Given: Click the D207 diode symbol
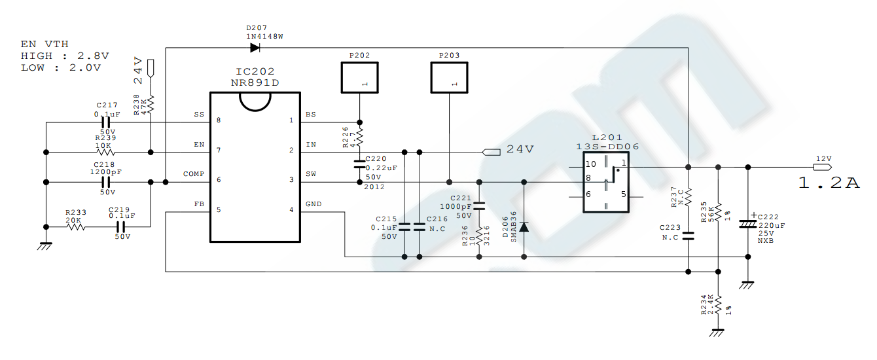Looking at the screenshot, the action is (255, 48).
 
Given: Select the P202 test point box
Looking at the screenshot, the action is (359, 77).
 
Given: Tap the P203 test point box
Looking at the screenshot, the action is (449, 77).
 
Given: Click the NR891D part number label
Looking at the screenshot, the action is (255, 83).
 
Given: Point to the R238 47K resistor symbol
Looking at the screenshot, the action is (151, 105).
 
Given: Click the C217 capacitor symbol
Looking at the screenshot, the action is (106, 122).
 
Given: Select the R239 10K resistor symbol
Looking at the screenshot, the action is (105, 152).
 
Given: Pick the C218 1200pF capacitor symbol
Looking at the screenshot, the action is (106, 182).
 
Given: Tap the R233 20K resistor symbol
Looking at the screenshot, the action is (76, 227).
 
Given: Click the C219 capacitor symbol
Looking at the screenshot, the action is (121, 227).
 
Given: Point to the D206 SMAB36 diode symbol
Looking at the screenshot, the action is (524, 226).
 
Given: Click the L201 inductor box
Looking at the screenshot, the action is (606, 182).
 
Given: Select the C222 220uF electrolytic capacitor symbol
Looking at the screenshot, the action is (748, 224).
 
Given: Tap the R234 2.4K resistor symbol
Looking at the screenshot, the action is (718, 305).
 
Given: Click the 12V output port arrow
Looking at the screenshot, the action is (823, 168).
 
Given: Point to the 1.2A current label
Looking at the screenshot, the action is (829, 183).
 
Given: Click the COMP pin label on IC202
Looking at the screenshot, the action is (194, 174).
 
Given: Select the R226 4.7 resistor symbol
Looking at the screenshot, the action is (359, 137).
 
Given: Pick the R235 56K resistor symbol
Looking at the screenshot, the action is (718, 212).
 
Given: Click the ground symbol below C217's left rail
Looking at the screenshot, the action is (45, 246).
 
